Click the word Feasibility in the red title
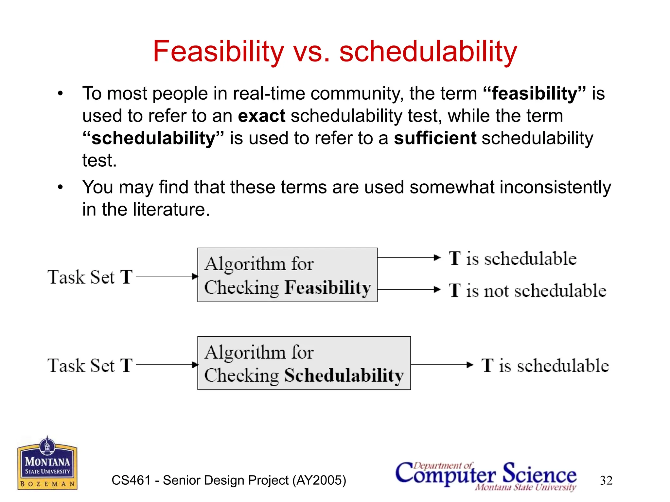pos(219,51)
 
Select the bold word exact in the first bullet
pos(261,116)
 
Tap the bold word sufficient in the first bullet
pos(435,138)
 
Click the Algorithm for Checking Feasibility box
pos(287,275)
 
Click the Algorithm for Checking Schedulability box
pos(304,363)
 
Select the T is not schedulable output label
pos(527,291)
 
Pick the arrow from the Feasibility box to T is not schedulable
pos(409,290)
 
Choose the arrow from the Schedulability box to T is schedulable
pos(442,365)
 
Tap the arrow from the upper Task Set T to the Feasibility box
pos(167,276)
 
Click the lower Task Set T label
pos(90,365)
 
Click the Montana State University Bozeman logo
pos(47,463)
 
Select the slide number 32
pos(606,480)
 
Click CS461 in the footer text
pos(131,480)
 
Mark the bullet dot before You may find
pos(60,188)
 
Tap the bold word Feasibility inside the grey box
pos(327,288)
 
